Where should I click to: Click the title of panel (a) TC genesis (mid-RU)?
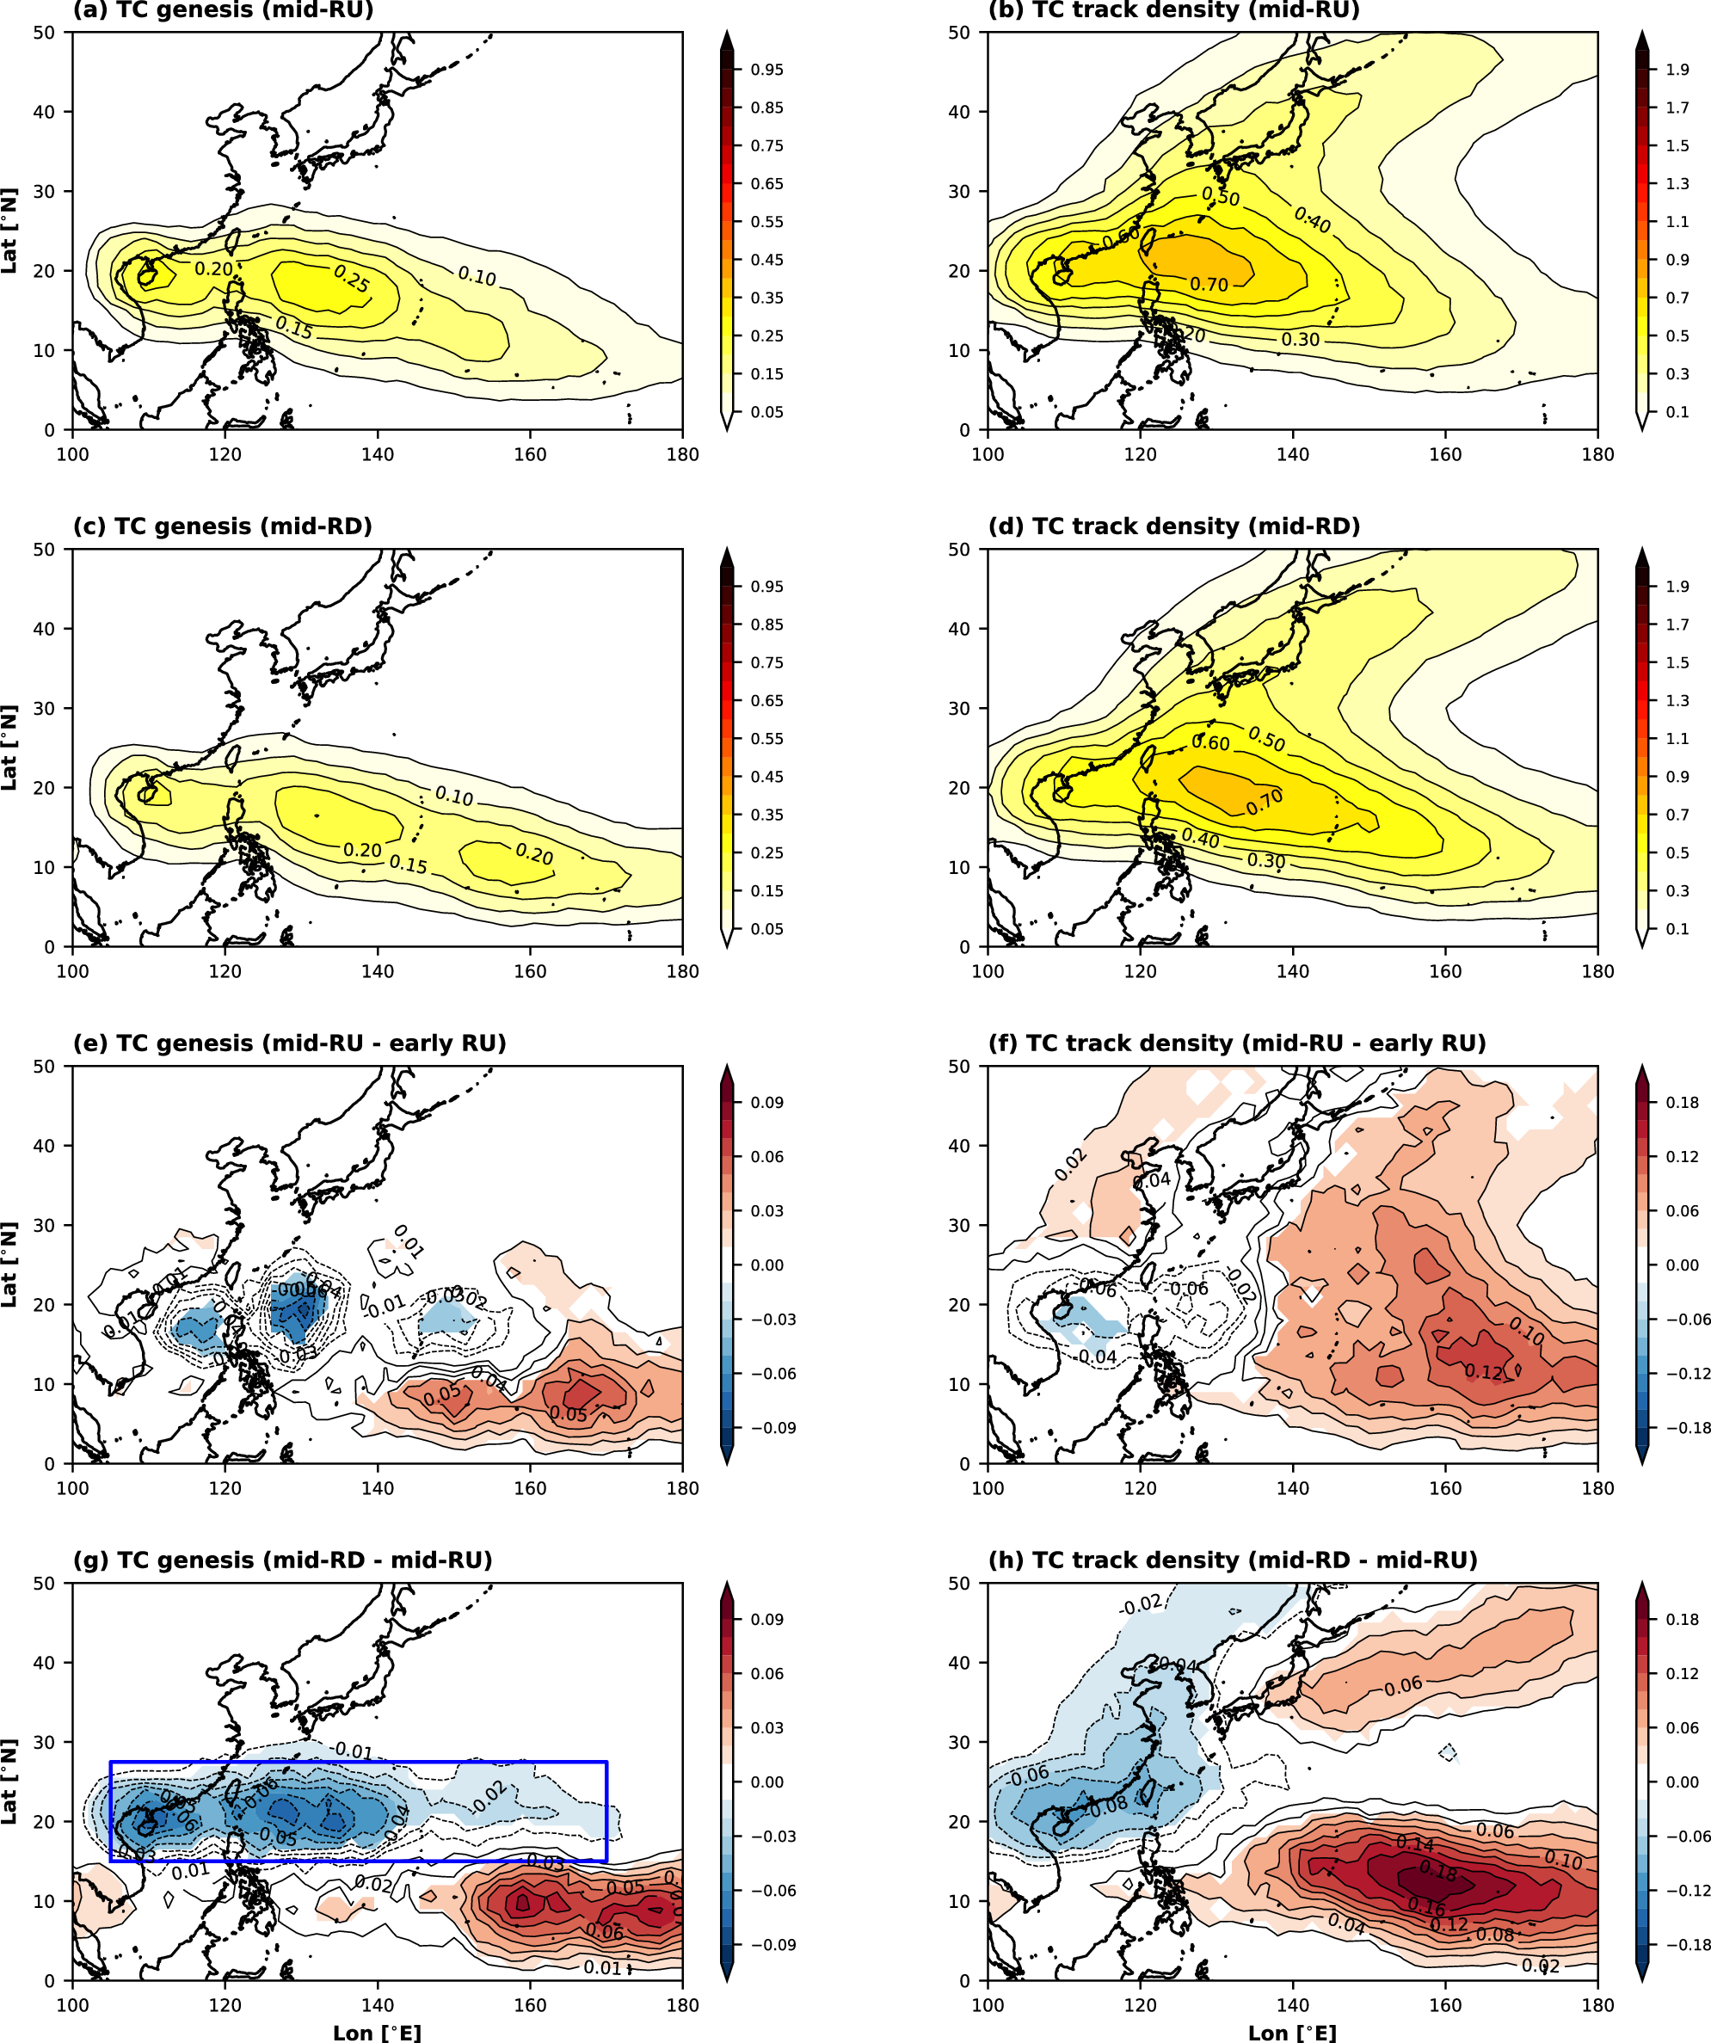tap(223, 10)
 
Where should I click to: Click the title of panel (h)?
tap(1233, 1560)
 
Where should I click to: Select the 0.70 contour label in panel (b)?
tap(1209, 285)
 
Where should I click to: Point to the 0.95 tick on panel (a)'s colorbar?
tap(766, 70)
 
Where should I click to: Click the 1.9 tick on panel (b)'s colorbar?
tap(1677, 70)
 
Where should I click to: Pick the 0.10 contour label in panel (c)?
tap(454, 796)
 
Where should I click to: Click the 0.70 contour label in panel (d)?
tap(1265, 802)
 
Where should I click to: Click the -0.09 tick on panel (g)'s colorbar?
tap(772, 1945)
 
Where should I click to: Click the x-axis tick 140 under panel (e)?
tap(378, 1488)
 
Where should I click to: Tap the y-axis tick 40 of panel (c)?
tap(45, 629)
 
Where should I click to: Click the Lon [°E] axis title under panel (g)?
tap(377, 2034)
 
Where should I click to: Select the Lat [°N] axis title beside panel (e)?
tap(9, 1265)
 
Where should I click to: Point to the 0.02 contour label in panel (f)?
tap(1070, 1164)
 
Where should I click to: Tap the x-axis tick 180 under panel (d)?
tap(1597, 971)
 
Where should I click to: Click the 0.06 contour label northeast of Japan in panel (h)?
tap(1403, 1685)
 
